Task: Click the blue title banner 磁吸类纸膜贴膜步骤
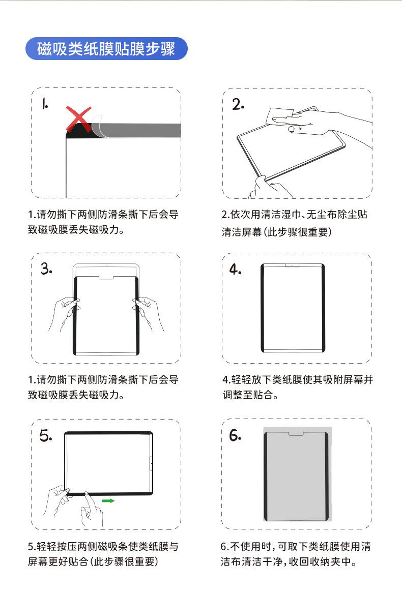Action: coord(106,49)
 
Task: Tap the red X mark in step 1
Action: coord(78,119)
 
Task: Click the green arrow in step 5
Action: coord(108,501)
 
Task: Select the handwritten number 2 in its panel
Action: coord(238,104)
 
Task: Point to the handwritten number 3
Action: coord(46,269)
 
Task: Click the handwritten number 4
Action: coord(235,269)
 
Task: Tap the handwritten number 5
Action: coord(46,436)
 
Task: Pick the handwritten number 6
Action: coord(235,435)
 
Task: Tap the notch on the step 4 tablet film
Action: coord(293,266)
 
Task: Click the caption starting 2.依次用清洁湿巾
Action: coord(295,223)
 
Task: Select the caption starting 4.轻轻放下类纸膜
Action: coord(298,387)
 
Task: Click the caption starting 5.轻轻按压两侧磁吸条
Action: coord(103,554)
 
